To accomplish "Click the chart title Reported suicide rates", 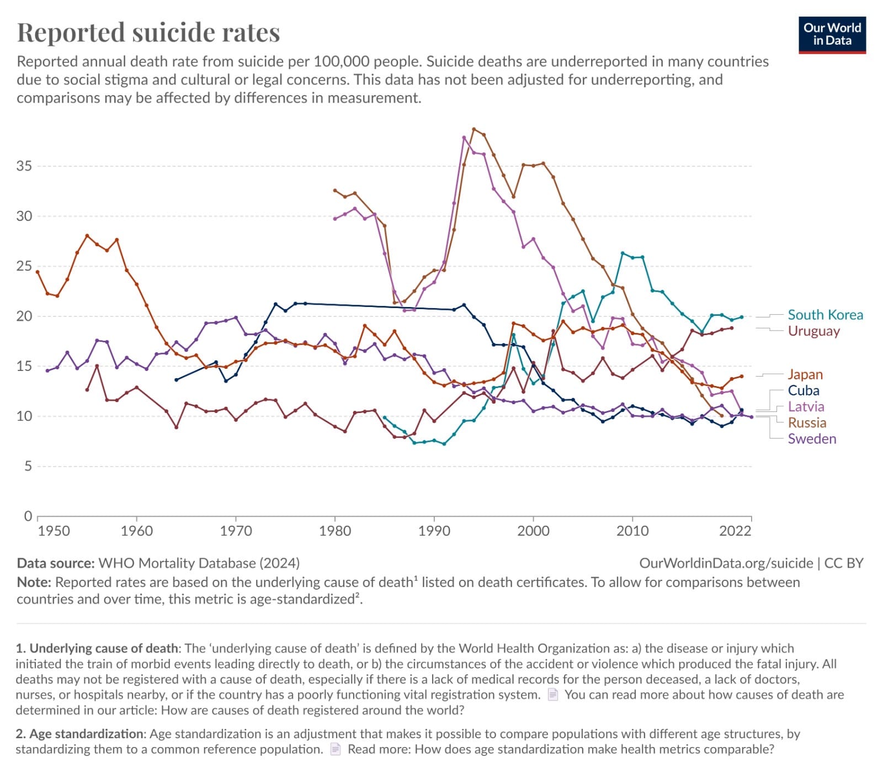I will (148, 32).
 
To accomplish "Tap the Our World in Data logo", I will (832, 35).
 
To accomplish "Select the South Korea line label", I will (825, 315).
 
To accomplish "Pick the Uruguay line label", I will (813, 331).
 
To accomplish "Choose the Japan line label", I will (805, 374).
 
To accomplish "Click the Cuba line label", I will (803, 390).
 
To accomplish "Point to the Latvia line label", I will (806, 406).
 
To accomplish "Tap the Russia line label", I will (806, 422).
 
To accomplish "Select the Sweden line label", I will (811, 438).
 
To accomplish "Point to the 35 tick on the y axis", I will (24, 166).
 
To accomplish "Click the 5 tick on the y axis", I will (28, 466).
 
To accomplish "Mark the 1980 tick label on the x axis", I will (335, 531).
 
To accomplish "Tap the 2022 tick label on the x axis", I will (735, 531).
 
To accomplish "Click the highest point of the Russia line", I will (474, 129).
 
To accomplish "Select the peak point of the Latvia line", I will (464, 137).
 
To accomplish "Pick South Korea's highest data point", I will (623, 253).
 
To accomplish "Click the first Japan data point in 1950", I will (38, 272).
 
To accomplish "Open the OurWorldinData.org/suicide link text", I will (726, 563).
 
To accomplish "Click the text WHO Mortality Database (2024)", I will (199, 563).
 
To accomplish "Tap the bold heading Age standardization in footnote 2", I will (86, 734).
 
